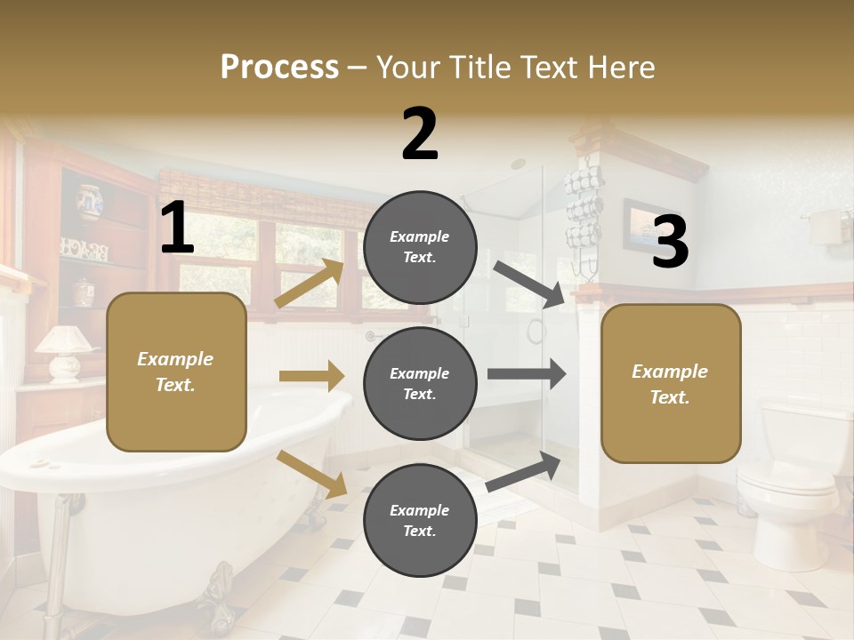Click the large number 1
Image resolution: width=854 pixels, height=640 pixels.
click(177, 228)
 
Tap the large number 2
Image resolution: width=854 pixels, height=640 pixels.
click(420, 134)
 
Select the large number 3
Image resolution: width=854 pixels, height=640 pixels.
click(670, 243)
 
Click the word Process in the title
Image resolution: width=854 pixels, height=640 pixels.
click(279, 67)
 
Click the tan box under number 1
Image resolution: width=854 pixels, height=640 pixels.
click(176, 372)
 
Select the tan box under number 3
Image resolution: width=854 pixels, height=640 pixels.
click(671, 383)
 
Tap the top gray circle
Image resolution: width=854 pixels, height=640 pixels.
click(420, 247)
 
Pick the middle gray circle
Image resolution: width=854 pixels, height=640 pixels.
click(420, 383)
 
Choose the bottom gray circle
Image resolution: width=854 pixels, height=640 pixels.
click(420, 520)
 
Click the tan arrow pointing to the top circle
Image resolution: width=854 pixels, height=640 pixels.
click(310, 284)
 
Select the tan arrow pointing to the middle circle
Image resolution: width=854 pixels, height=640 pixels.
click(311, 376)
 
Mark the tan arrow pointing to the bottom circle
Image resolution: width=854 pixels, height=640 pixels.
click(312, 474)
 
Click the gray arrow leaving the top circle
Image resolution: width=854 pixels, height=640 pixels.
click(530, 284)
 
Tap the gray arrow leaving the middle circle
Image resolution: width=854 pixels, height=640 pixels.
click(527, 373)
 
